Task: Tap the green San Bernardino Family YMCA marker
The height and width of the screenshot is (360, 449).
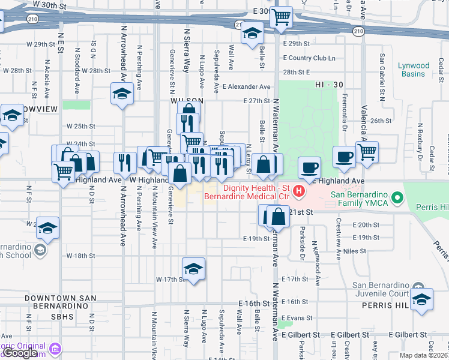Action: click(x=396, y=197)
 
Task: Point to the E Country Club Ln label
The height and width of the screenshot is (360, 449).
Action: click(x=312, y=58)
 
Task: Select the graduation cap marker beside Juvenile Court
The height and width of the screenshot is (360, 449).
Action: click(x=422, y=299)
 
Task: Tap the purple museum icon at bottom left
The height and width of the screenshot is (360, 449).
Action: click(x=56, y=349)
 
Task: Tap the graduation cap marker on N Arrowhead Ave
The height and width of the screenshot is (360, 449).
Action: click(x=122, y=94)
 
